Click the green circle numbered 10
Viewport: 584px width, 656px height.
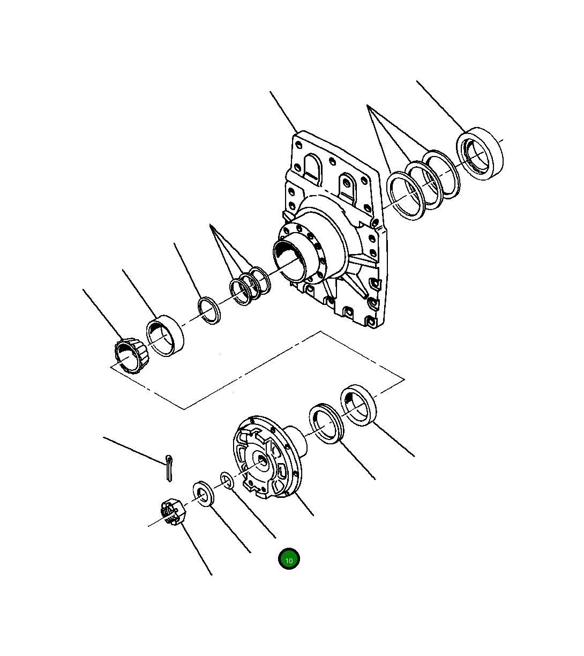(289, 560)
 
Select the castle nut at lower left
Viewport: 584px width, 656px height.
(173, 511)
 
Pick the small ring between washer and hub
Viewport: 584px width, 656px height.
(226, 481)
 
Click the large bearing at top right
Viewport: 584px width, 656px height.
(480, 153)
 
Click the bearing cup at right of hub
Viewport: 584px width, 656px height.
(359, 405)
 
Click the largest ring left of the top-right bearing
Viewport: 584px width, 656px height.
(406, 196)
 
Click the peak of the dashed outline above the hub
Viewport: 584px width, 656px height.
(321, 332)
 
